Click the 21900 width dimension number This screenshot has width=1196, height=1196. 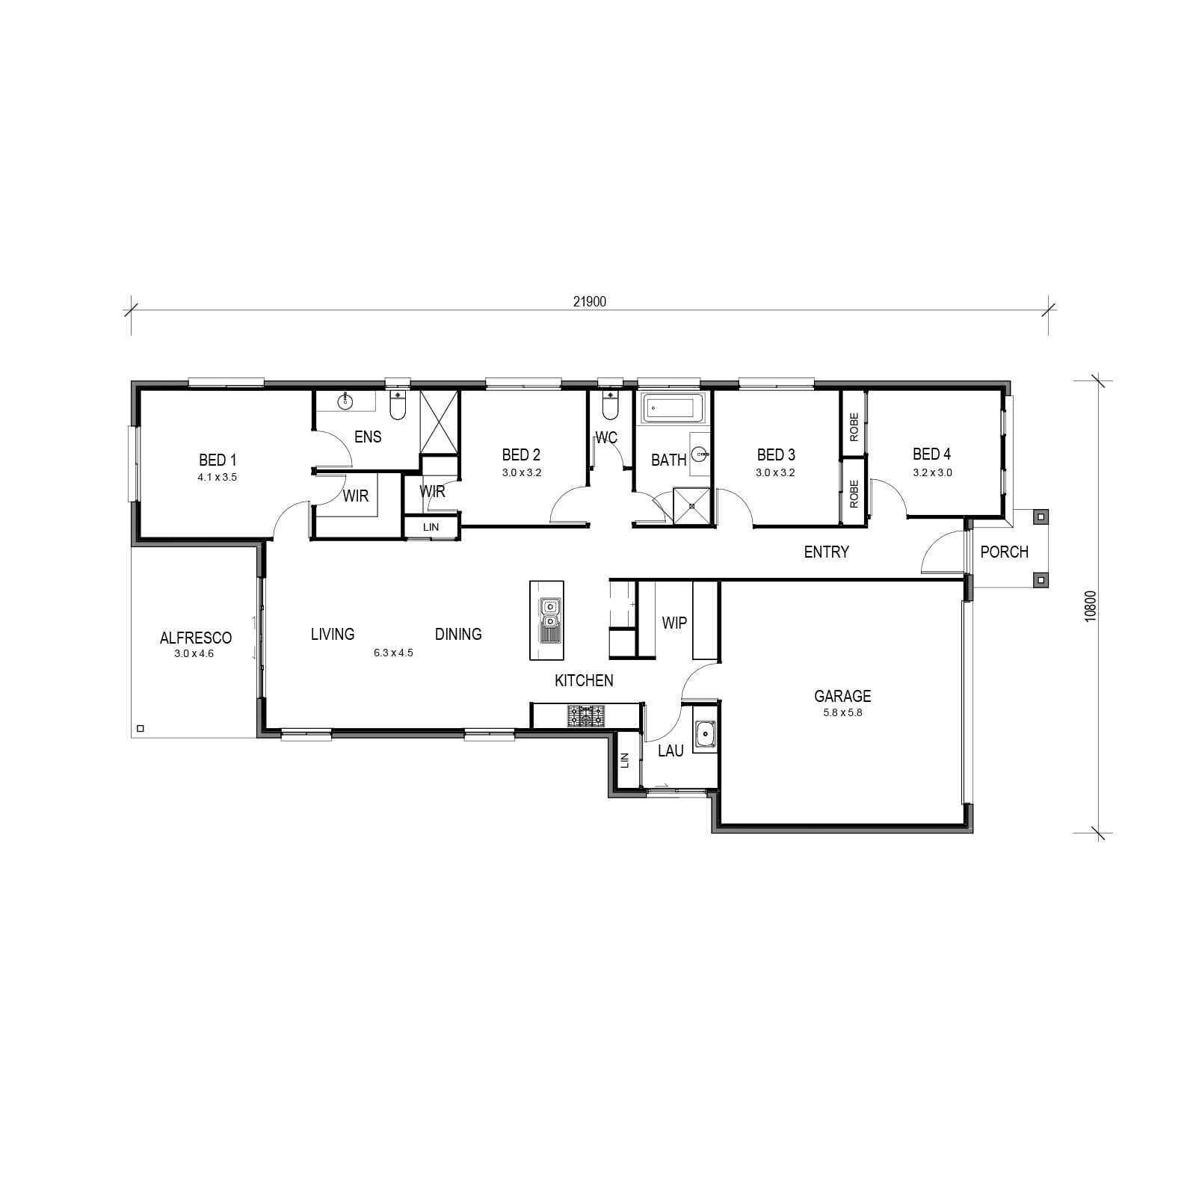[589, 302]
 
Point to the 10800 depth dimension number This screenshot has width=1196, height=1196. [1091, 606]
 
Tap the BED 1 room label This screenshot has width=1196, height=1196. [218, 460]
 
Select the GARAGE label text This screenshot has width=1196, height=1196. [842, 696]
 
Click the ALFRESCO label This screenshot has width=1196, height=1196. [196, 638]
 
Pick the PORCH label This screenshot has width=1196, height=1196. [1005, 552]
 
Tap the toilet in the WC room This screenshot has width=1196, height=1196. [611, 407]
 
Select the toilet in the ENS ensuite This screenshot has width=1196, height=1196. [398, 407]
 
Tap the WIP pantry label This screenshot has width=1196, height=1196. [674, 623]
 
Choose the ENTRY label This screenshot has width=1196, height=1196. [827, 552]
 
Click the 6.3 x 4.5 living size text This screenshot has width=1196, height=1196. [393, 653]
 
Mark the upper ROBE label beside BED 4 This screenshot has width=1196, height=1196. [854, 427]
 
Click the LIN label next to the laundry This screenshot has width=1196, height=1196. [626, 760]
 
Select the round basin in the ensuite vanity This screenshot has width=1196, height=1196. [345, 402]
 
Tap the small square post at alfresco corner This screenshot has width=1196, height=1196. [140, 728]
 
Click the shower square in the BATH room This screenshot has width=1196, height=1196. [692, 506]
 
